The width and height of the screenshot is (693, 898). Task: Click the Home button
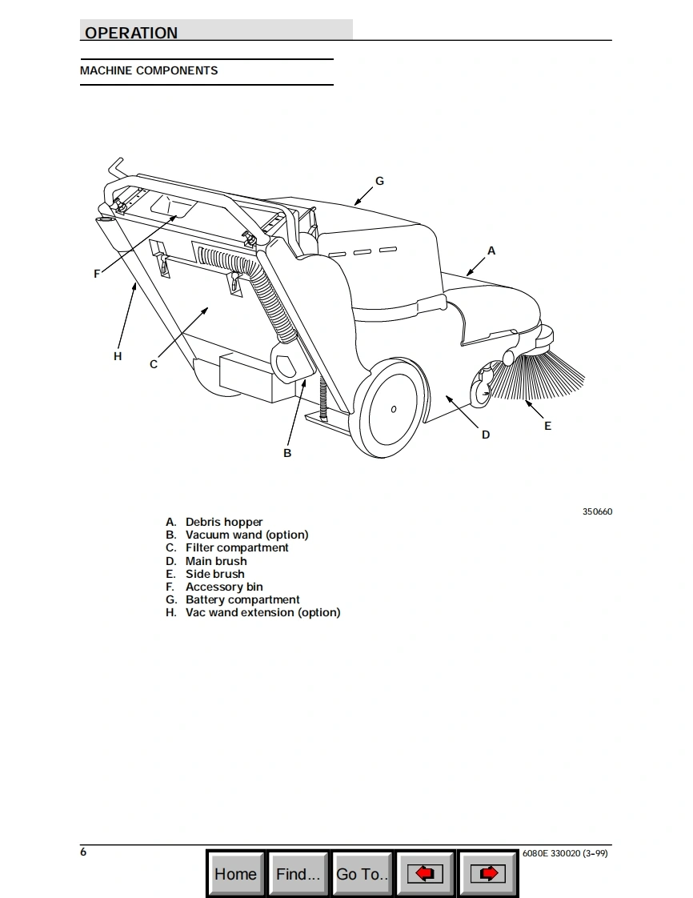pos(235,873)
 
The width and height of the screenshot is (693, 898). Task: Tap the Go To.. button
pos(363,873)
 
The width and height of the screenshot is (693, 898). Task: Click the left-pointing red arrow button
pos(426,873)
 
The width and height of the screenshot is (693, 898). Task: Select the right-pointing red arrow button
pos(487,873)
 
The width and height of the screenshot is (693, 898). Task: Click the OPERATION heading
pos(131,33)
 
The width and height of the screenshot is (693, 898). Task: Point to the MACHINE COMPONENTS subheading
pos(149,70)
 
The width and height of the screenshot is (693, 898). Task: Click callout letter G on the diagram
pos(379,181)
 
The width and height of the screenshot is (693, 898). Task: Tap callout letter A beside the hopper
pos(491,251)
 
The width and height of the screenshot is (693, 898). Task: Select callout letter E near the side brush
pos(547,426)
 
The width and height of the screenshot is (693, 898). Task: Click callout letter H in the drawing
pos(118,356)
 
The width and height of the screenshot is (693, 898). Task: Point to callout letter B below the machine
pos(287,453)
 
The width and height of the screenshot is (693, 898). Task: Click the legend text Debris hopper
pos(224,522)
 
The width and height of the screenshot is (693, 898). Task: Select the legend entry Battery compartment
pos(242,599)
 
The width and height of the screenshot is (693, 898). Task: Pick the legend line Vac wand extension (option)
pos(262,612)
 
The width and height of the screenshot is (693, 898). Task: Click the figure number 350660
pos(597,511)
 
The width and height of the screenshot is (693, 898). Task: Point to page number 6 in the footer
pos(83,852)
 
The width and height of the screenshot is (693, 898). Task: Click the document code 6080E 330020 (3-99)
pos(564,852)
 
